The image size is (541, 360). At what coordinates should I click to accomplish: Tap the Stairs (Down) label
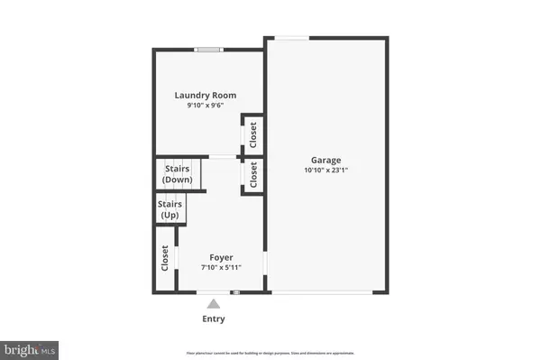click(177, 174)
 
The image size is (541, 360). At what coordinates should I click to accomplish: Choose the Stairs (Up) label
click(169, 210)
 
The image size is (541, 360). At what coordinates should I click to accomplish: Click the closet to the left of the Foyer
click(164, 260)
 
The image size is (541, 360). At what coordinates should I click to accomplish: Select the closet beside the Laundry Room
click(253, 135)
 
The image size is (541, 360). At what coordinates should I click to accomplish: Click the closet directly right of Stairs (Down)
click(253, 173)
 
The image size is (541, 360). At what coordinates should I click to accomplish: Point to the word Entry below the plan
click(214, 318)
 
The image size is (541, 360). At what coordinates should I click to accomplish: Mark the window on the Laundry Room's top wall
click(209, 50)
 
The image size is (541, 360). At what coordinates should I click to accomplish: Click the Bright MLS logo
click(32, 346)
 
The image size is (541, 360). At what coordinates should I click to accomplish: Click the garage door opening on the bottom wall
click(326, 292)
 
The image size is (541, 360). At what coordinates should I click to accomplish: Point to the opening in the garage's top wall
click(290, 38)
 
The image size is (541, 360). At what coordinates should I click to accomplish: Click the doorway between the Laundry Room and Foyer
click(222, 158)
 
